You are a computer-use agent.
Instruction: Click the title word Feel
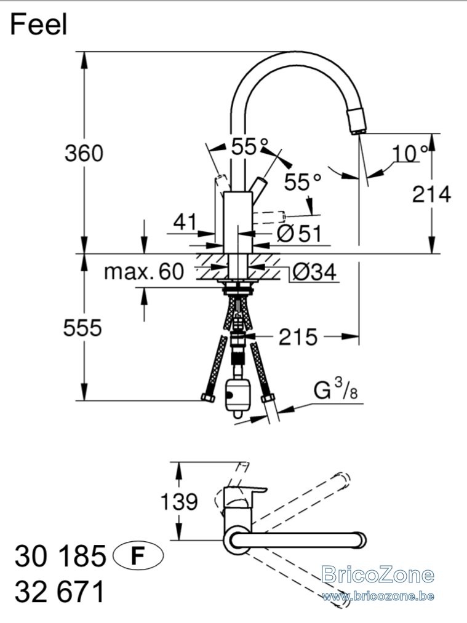click(x=39, y=24)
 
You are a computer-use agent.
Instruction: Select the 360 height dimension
click(x=84, y=153)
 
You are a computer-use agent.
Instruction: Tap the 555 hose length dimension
click(x=82, y=328)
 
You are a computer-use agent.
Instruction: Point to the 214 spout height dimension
click(x=431, y=194)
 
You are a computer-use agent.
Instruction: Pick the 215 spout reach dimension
click(x=298, y=337)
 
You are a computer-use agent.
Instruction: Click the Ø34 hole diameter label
click(x=314, y=272)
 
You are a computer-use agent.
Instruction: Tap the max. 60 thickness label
click(x=144, y=272)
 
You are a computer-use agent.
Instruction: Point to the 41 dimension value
click(x=185, y=221)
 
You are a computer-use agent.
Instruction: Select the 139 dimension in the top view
click(x=179, y=501)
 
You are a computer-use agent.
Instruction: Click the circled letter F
click(x=138, y=556)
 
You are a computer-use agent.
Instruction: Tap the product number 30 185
click(x=60, y=556)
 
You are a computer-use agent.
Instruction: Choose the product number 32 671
click(x=60, y=591)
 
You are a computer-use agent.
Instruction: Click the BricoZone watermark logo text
click(x=378, y=574)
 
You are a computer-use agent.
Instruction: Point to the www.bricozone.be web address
click(x=378, y=595)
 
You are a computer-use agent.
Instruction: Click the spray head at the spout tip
click(x=357, y=121)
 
